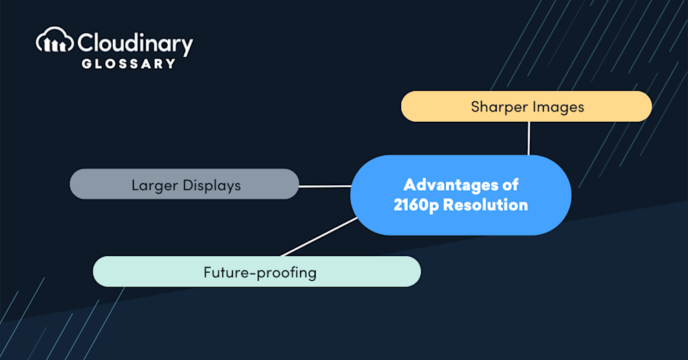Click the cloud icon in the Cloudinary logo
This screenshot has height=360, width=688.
(54, 40)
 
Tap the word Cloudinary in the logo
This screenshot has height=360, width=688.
(135, 44)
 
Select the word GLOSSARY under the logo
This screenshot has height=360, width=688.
(129, 63)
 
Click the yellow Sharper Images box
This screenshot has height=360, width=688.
(526, 106)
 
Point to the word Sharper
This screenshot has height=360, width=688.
(499, 107)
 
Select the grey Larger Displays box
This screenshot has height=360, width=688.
(184, 184)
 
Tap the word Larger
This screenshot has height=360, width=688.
(155, 186)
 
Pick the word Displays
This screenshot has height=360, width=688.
(212, 186)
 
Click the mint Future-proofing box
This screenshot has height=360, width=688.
(257, 271)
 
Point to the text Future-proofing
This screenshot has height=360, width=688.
(260, 273)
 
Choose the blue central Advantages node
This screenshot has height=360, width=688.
(461, 195)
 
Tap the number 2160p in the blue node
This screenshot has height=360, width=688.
(416, 205)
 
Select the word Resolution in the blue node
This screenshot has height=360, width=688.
(486, 205)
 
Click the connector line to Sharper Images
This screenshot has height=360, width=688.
(528, 138)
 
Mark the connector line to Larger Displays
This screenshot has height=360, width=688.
(325, 186)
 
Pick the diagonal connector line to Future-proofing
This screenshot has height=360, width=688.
(319, 237)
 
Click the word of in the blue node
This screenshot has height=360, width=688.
(510, 185)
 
